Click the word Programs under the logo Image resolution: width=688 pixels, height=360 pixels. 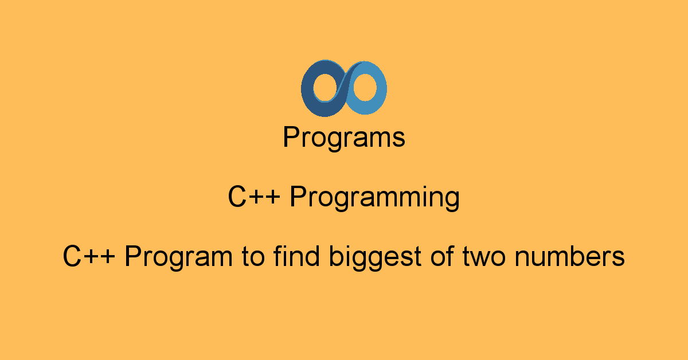344,138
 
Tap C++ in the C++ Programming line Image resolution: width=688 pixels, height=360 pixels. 254,196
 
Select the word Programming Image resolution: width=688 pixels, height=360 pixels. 375,198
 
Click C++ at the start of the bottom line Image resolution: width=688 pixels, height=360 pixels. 89,256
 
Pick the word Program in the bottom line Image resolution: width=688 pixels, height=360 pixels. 178,257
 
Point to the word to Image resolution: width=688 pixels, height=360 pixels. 253,257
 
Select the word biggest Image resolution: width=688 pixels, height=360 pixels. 375,257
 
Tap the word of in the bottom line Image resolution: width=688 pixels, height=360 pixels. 442,256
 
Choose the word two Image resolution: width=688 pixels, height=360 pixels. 484,257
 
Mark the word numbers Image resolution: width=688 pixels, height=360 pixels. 570,256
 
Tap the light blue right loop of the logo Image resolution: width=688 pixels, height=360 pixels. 381,89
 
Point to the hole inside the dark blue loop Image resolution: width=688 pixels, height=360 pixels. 326,88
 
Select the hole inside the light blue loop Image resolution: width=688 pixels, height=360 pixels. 365,87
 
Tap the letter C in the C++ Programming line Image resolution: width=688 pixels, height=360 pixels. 237,196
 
